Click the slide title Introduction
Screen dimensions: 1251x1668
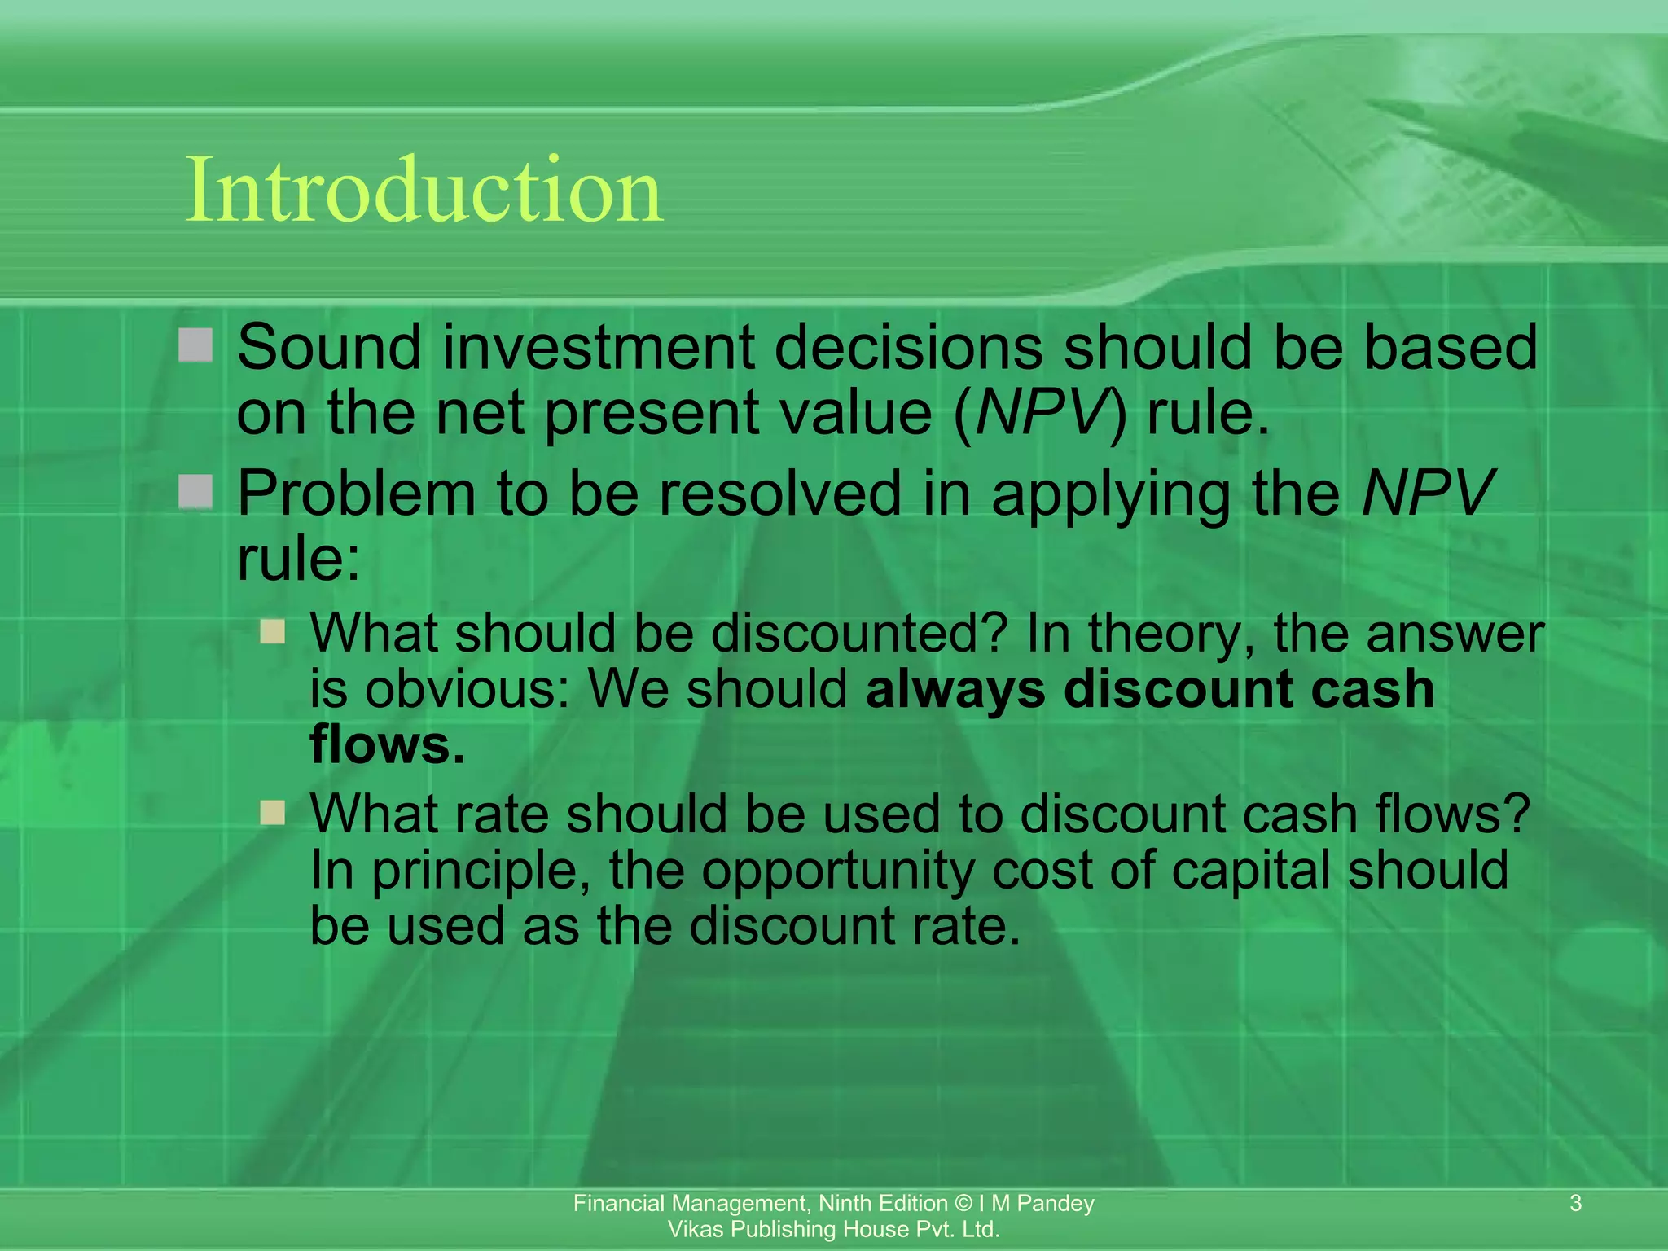tap(424, 191)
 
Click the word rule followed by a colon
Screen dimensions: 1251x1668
tap(297, 560)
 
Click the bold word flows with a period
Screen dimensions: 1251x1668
tap(388, 744)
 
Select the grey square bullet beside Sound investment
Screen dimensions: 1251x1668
tap(195, 345)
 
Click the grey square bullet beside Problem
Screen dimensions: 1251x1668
tap(195, 492)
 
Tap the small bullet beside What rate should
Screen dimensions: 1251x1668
tap(273, 813)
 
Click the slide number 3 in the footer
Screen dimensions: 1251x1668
tap(1575, 1203)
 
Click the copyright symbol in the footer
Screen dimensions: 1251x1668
tap(963, 1203)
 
